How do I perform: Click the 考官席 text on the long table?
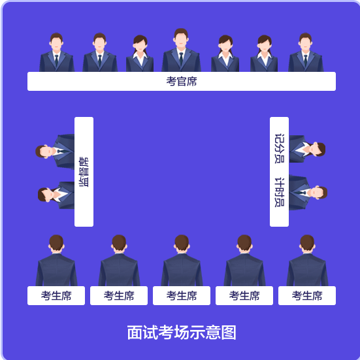pyautogui.click(x=182, y=81)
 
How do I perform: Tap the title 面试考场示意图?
pyautogui.click(x=182, y=332)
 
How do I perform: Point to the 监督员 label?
pyautogui.click(x=84, y=172)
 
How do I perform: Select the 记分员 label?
pyautogui.click(x=280, y=148)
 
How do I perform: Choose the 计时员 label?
pyautogui.click(x=280, y=192)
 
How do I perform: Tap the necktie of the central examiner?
pyautogui.click(x=181, y=58)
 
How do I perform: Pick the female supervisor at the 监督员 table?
pyautogui.click(x=56, y=195)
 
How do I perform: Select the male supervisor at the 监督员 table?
pyautogui.click(x=55, y=152)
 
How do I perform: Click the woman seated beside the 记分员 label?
pyautogui.click(x=307, y=149)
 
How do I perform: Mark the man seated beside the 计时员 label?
pyautogui.click(x=308, y=192)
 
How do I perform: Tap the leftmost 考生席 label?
pyautogui.click(x=56, y=296)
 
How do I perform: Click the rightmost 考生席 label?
pyautogui.click(x=307, y=296)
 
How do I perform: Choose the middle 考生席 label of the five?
pyautogui.click(x=182, y=296)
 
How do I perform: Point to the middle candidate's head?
pyautogui.click(x=182, y=243)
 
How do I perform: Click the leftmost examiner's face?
pyautogui.click(x=56, y=44)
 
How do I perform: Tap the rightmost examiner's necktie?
pyautogui.click(x=305, y=60)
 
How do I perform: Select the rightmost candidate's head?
pyautogui.click(x=307, y=243)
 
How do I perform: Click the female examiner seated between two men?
pyautogui.click(x=140, y=54)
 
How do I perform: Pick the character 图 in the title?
pyautogui.click(x=229, y=332)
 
